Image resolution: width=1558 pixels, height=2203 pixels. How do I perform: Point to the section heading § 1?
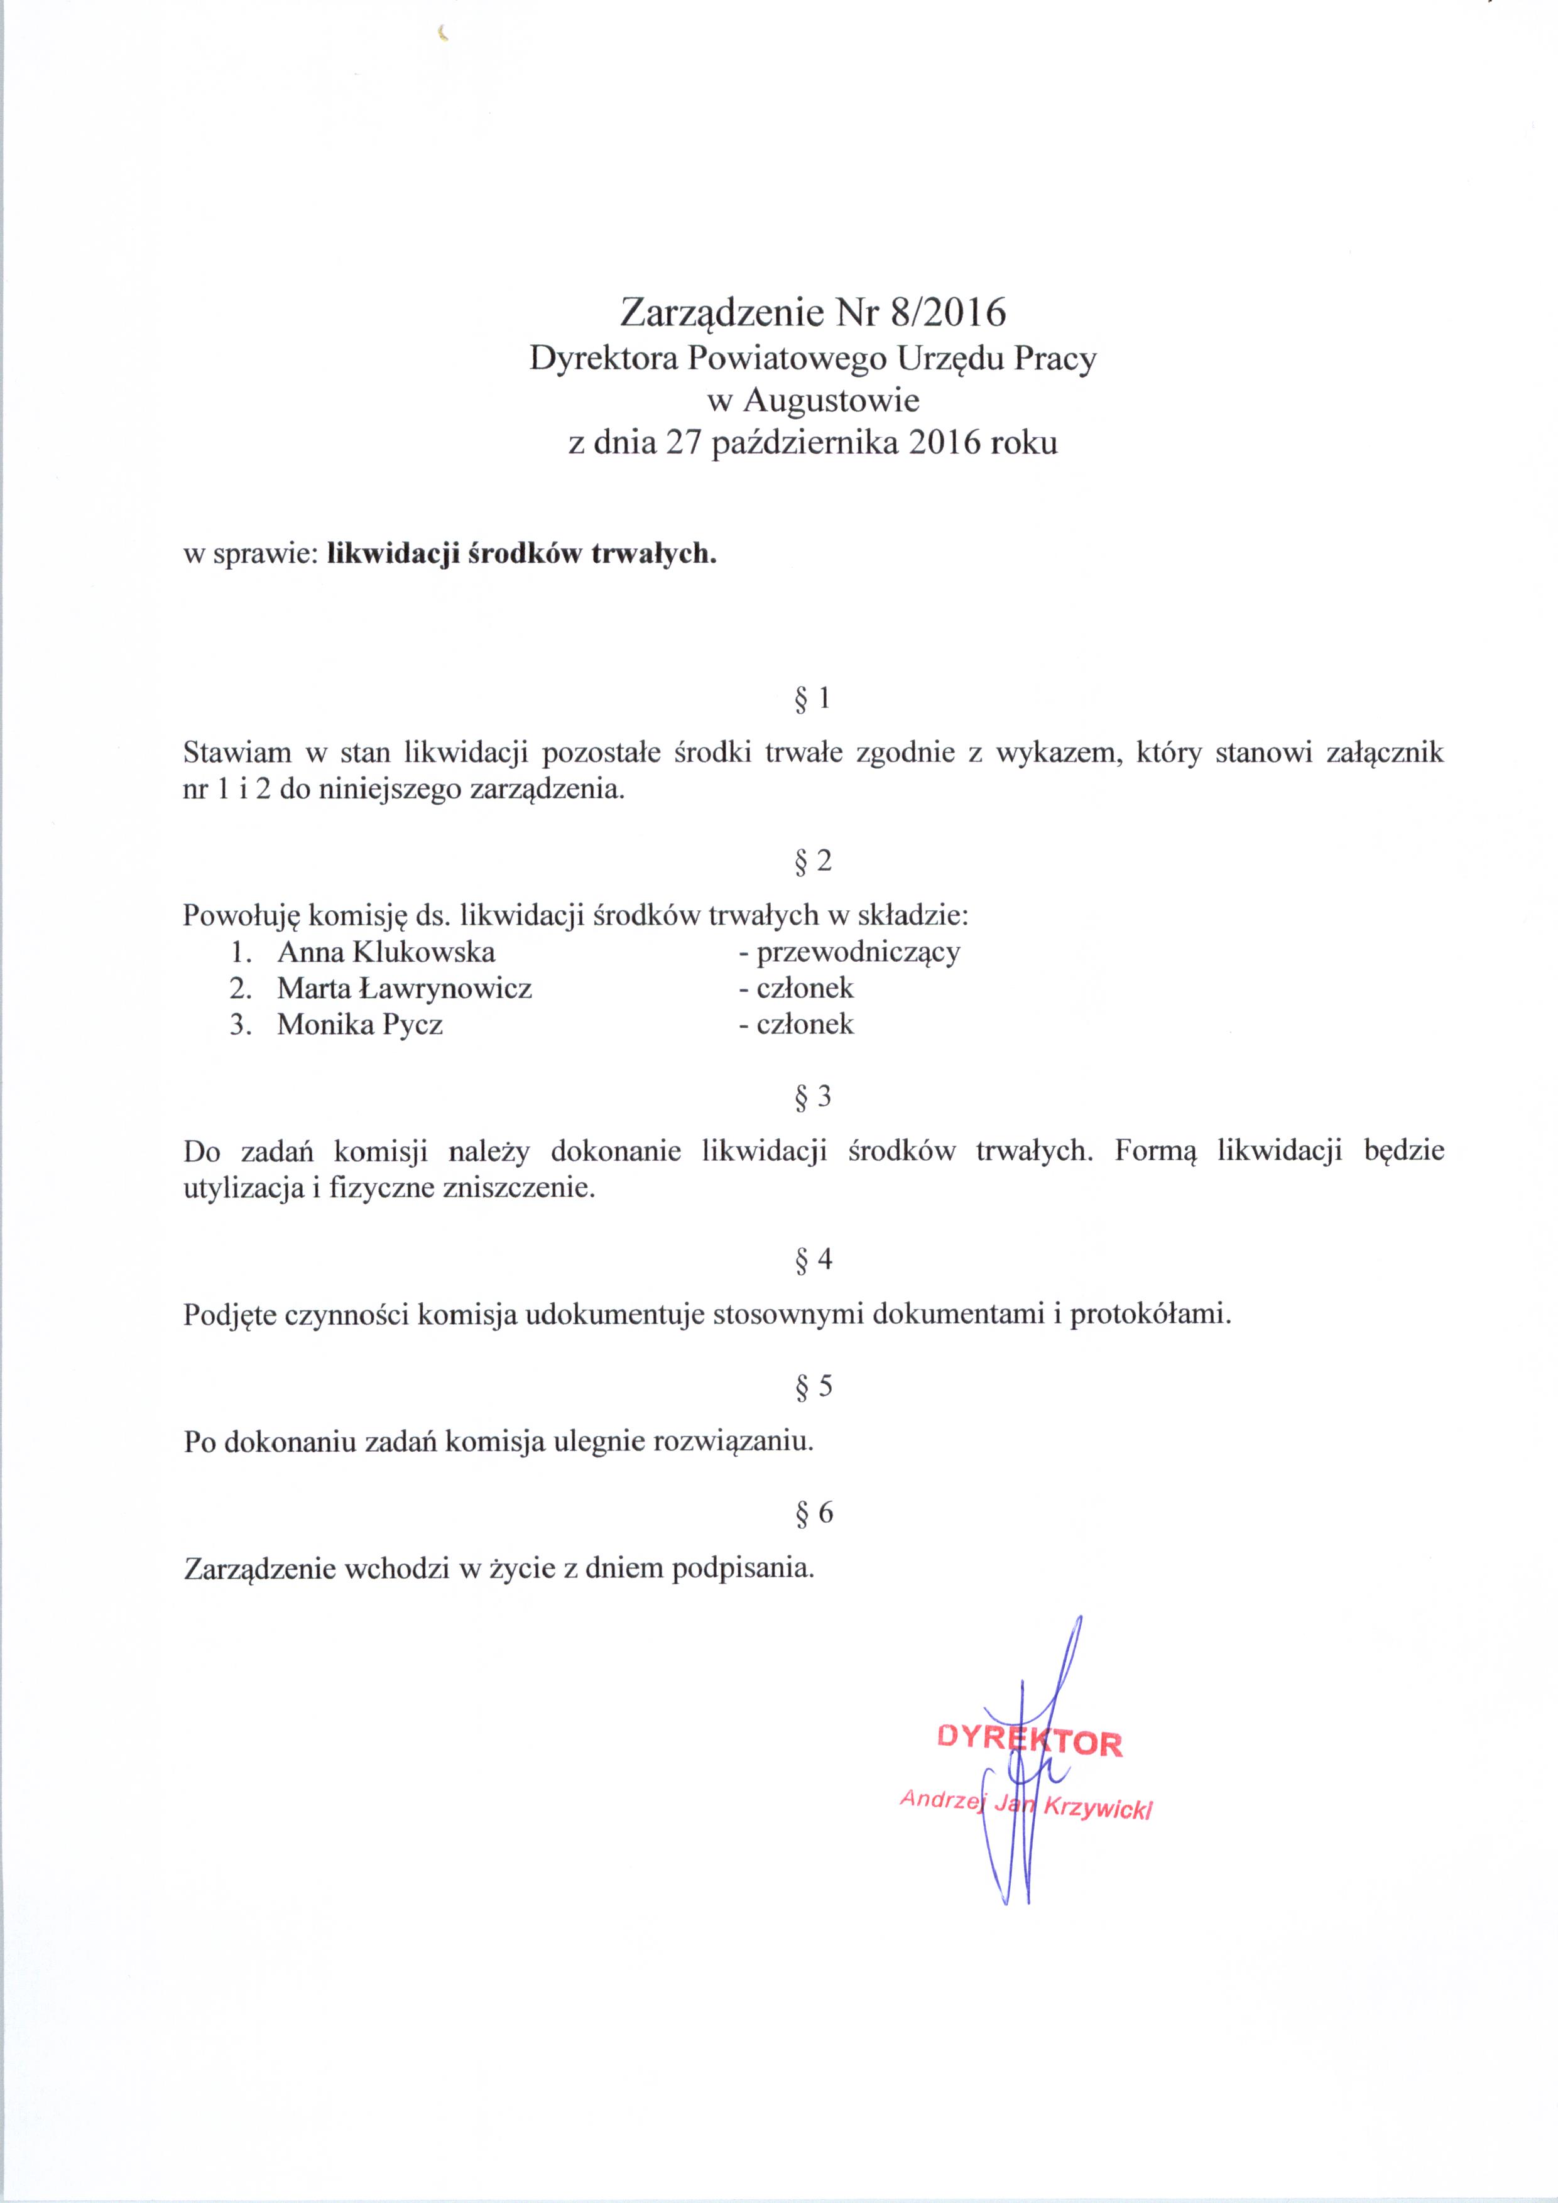point(812,700)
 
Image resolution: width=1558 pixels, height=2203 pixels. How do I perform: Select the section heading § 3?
point(812,1097)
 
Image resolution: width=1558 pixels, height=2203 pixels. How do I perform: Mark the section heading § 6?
point(812,1513)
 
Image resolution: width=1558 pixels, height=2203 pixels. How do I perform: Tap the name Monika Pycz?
point(360,1025)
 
